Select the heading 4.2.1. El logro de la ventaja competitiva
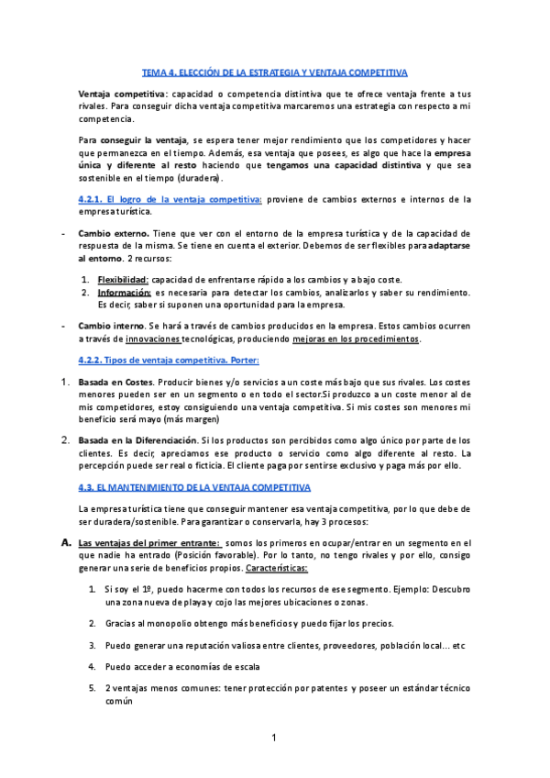click(170, 199)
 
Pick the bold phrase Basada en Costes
click(115, 356)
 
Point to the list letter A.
click(66, 543)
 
